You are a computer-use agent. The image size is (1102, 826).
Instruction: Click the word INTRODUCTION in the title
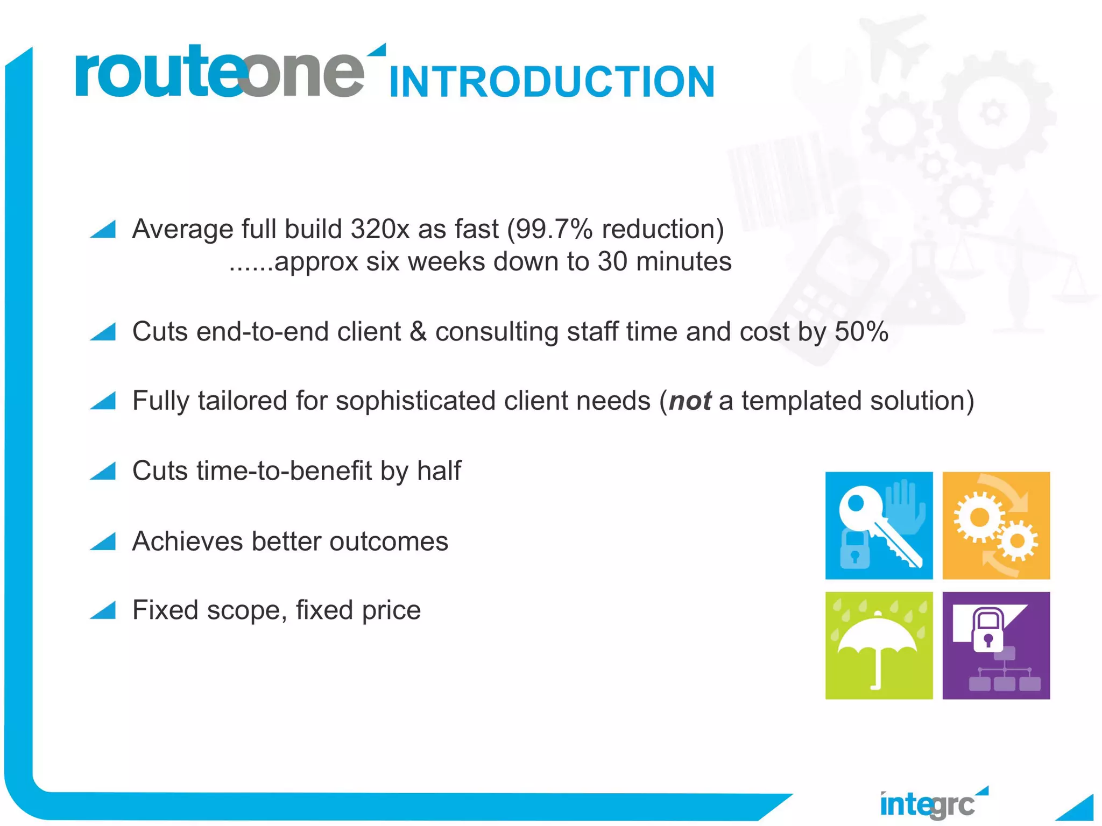[x=552, y=82]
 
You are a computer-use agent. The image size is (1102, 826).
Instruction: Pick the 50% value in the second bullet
[x=861, y=331]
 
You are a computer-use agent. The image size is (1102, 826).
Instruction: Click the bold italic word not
[x=690, y=401]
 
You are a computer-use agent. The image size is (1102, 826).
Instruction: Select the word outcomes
[x=388, y=541]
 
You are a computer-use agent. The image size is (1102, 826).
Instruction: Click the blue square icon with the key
[x=879, y=525]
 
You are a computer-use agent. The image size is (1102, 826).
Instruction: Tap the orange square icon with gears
[x=996, y=525]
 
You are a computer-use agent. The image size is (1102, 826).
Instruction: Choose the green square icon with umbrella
[x=879, y=645]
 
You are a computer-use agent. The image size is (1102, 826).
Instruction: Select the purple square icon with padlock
[x=996, y=645]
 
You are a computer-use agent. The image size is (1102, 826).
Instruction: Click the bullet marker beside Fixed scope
[x=104, y=611]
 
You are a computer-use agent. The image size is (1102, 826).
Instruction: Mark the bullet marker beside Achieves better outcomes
[x=104, y=542]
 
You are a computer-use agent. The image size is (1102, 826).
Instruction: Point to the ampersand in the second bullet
[x=418, y=331]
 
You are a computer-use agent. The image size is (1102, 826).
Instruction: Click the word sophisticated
[x=415, y=401]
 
